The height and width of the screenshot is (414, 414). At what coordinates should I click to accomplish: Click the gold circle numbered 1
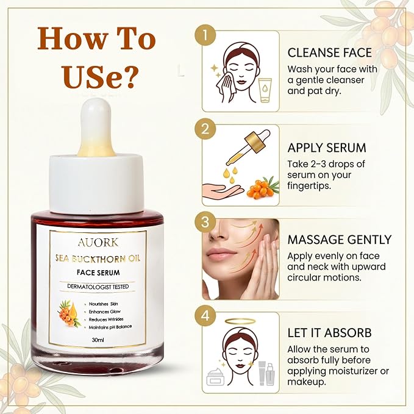[x=205, y=35]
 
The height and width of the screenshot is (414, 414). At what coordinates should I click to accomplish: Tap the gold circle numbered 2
[x=205, y=129]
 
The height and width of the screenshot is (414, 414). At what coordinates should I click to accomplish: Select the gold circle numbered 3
[x=205, y=223]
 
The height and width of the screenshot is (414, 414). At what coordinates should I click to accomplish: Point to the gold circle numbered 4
[x=205, y=316]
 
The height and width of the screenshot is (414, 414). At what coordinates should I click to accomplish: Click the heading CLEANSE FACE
[x=329, y=52]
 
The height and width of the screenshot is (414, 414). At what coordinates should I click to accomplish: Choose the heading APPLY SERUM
[x=327, y=148]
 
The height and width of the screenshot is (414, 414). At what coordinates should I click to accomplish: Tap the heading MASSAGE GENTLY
[x=339, y=240]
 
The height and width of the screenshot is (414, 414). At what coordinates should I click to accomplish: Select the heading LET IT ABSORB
[x=329, y=333]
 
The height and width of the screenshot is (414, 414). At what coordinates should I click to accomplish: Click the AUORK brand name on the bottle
[x=98, y=243]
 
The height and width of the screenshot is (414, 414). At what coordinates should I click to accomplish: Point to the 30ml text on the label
[x=98, y=340]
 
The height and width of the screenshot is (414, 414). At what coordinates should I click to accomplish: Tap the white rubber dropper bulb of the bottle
[x=96, y=127]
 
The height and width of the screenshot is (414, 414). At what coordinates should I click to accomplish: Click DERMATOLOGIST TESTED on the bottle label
[x=98, y=287]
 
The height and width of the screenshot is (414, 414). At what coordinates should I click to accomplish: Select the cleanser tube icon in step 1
[x=265, y=90]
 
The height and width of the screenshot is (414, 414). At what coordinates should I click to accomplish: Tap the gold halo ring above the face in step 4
[x=240, y=321]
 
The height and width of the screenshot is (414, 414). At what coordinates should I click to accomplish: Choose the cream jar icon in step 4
[x=215, y=377]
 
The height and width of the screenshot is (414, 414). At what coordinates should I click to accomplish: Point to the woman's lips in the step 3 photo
[x=221, y=254]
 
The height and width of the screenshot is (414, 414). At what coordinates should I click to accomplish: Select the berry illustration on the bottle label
[x=69, y=313]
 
